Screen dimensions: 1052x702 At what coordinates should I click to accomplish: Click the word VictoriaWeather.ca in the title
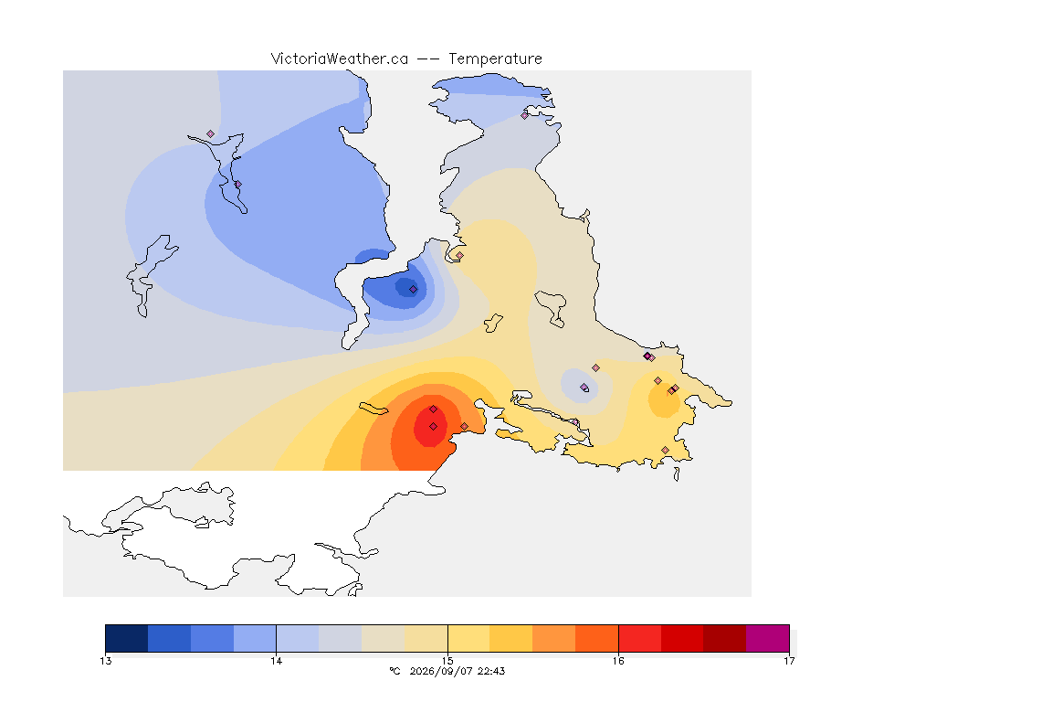click(340, 59)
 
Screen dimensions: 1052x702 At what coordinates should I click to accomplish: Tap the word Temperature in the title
click(495, 59)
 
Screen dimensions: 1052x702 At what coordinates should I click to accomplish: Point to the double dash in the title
click(428, 59)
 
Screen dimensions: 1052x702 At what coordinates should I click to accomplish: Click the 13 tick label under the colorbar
click(105, 661)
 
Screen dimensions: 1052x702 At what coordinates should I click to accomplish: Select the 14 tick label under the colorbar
click(277, 661)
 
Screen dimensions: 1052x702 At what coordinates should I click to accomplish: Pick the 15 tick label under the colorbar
click(447, 661)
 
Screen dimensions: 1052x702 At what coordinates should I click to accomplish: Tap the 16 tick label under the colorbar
click(618, 661)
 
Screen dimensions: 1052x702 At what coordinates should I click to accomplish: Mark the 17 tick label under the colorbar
click(789, 661)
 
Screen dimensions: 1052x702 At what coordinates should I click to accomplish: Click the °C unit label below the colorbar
click(395, 671)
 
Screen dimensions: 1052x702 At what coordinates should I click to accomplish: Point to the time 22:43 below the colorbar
click(491, 671)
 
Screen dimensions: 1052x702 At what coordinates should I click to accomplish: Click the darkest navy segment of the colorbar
click(127, 638)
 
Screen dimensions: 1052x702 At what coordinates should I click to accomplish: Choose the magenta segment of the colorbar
click(767, 638)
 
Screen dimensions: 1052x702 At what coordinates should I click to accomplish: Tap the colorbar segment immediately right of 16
click(639, 638)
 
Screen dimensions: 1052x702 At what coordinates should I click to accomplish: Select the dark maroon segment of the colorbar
click(724, 638)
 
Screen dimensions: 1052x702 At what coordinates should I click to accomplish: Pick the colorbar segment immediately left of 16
click(596, 638)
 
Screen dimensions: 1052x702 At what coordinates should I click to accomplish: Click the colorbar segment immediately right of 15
click(468, 638)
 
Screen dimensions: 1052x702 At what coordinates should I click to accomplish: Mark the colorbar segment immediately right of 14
click(297, 638)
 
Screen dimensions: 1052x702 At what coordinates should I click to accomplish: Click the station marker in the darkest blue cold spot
click(414, 290)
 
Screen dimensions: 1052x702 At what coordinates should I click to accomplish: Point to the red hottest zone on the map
click(430, 424)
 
